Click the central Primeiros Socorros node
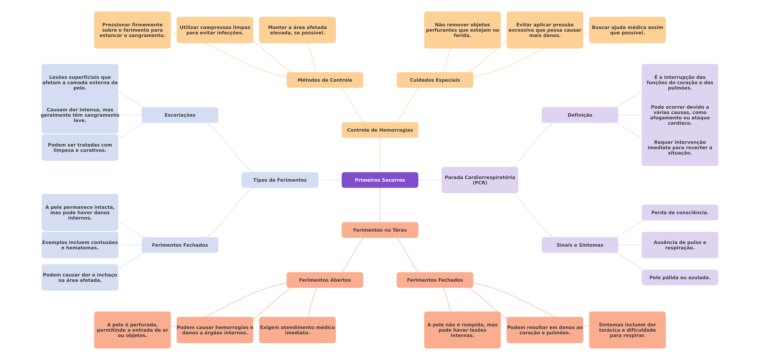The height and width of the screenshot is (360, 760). (380, 180)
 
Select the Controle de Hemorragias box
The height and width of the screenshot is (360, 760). (380, 130)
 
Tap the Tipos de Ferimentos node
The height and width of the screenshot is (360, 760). (280, 180)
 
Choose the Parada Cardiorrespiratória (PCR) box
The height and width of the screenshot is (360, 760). (480, 180)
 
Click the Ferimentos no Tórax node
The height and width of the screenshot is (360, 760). (380, 230)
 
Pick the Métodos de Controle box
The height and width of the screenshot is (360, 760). (325, 80)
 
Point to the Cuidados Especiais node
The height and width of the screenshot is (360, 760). (435, 80)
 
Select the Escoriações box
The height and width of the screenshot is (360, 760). (180, 115)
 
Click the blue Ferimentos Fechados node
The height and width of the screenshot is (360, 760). (180, 245)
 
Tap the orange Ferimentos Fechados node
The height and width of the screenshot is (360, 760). (435, 280)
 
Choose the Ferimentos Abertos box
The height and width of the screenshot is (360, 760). (325, 280)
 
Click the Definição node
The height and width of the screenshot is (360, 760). (580, 115)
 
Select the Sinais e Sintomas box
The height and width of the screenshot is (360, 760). (580, 245)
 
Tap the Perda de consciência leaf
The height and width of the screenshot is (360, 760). (680, 213)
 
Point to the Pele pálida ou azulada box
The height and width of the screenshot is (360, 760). (680, 278)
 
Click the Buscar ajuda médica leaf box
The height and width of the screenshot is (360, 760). (627, 30)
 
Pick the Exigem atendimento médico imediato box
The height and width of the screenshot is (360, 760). (297, 330)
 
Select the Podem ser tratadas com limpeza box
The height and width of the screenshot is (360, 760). (80, 148)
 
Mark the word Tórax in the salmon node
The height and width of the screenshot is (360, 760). (400, 230)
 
